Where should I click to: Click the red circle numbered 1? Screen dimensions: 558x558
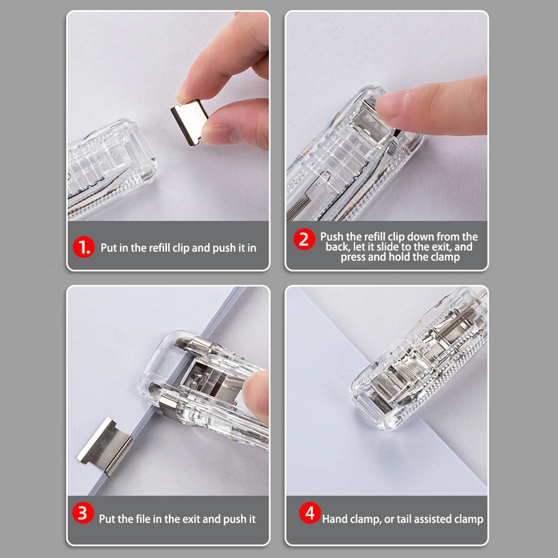(83, 247)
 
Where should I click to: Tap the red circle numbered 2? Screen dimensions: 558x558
(304, 239)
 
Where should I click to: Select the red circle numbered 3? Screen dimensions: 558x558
(83, 513)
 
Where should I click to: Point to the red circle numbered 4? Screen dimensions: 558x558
(310, 513)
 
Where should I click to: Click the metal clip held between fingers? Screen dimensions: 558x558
(189, 122)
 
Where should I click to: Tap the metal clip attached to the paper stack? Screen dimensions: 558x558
(106, 446)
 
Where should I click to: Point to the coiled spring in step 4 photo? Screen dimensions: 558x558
(455, 321)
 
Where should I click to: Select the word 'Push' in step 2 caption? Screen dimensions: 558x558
(332, 237)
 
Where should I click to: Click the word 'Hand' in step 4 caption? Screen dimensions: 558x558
(334, 519)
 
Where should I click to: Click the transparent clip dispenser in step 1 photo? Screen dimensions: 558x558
(111, 167)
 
